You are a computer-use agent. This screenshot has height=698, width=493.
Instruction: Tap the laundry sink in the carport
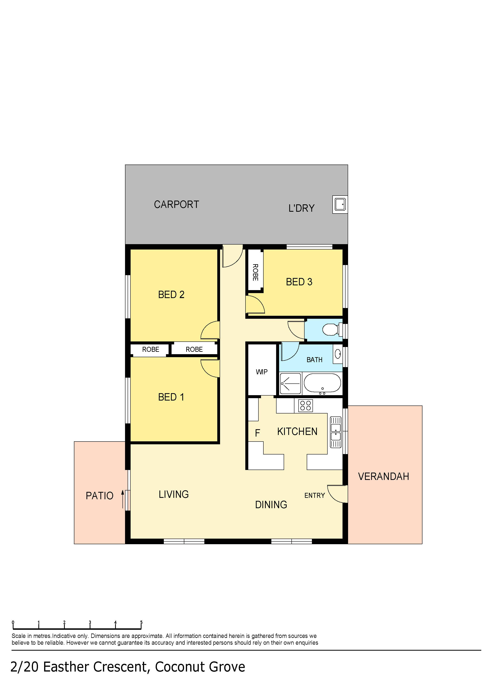[x=340, y=204]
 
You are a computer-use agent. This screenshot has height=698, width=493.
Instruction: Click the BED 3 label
[x=299, y=282]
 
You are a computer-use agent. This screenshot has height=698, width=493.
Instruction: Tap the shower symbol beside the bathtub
[x=290, y=383]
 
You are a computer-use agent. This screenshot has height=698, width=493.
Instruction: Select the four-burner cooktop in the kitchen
[x=305, y=406]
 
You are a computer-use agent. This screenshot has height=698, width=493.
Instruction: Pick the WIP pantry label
[x=262, y=372]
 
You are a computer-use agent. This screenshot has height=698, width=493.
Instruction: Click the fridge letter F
[x=257, y=433]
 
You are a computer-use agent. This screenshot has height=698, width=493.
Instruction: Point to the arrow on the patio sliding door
[x=123, y=499]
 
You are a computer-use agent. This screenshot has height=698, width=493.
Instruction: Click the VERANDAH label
[x=383, y=476]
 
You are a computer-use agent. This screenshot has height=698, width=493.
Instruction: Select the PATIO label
[x=99, y=496]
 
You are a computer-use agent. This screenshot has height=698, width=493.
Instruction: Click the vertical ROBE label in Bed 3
[x=255, y=272]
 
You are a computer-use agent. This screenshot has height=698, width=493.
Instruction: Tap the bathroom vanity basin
[x=338, y=354]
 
